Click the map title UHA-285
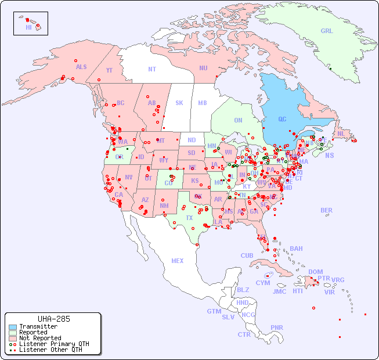coord(53,319)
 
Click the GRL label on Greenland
coord(327,31)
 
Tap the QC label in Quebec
coord(282,120)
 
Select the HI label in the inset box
coord(28,27)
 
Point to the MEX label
coord(178,261)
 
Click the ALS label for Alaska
coord(81,67)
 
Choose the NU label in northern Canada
coord(203,68)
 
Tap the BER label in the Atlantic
coord(326,210)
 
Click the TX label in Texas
coord(189,218)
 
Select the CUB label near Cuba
coord(247,255)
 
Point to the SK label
coord(179,103)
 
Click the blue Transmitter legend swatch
coord(13,327)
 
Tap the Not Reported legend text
coord(40,338)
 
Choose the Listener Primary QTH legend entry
coord(53,344)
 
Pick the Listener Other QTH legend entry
coord(50,350)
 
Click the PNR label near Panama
coord(277,327)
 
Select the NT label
coord(151,69)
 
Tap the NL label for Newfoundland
coord(341,133)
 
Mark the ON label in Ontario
coord(238,120)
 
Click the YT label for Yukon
coord(109,70)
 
